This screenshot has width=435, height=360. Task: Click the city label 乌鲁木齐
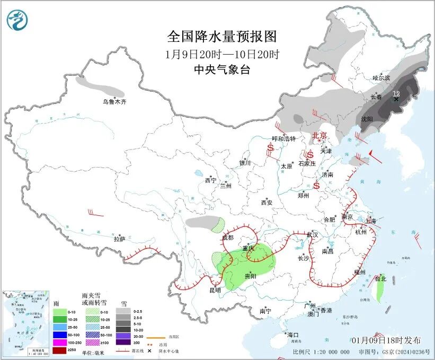point(114,101)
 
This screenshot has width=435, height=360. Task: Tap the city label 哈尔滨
point(380,78)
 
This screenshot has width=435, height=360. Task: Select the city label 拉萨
point(119,239)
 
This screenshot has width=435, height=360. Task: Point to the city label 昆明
point(215,291)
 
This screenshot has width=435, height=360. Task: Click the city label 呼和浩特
point(283,138)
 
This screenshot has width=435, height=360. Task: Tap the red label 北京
point(320,135)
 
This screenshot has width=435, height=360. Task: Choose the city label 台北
point(380,278)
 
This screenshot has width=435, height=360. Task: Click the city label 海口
point(293,335)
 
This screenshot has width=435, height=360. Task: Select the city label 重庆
point(248,249)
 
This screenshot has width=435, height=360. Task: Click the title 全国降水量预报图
point(222,37)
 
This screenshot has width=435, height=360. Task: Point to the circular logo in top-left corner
point(17,20)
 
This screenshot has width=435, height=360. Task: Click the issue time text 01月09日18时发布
point(386,340)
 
